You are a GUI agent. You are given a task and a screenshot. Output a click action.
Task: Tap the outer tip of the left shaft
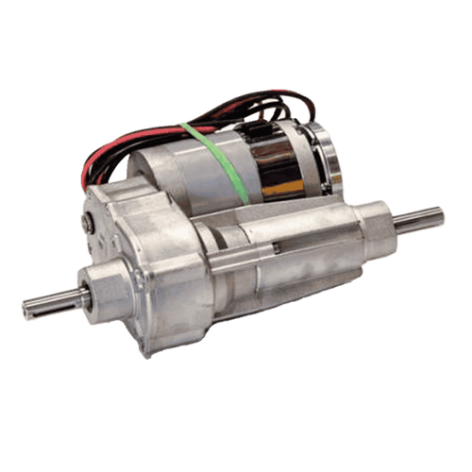pyautogui.click(x=25, y=309)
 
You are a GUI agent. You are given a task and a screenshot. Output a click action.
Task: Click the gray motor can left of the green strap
pyautogui.click(x=175, y=165)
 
